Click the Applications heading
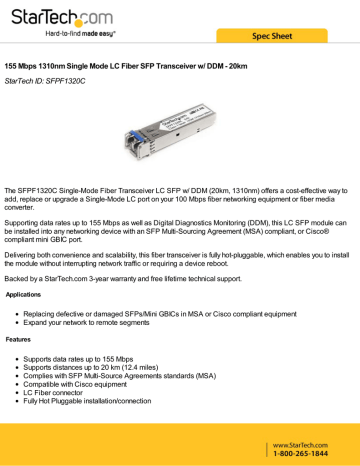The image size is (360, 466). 24,296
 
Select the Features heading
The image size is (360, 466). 21,340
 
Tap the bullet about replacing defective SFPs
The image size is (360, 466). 151,313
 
